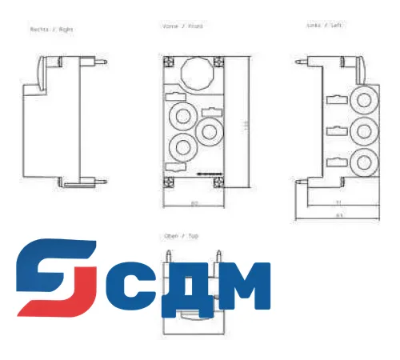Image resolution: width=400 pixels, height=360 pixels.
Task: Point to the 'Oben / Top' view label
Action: (181, 237)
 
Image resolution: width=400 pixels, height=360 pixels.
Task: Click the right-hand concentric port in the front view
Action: (211, 130)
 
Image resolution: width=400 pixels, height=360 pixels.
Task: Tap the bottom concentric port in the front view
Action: (183, 148)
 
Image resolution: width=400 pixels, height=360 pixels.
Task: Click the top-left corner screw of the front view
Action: (168, 60)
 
